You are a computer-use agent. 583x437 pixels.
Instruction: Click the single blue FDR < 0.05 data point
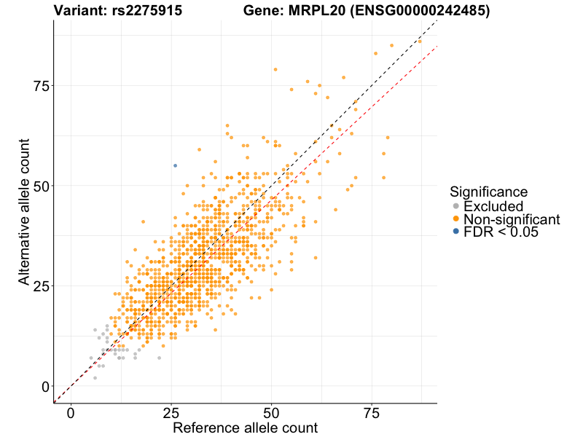click(x=175, y=165)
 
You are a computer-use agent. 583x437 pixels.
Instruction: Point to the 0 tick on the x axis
click(x=71, y=413)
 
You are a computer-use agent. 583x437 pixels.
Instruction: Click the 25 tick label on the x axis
click(x=171, y=413)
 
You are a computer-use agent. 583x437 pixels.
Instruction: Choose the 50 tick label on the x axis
click(x=272, y=413)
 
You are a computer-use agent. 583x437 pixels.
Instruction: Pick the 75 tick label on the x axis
click(x=372, y=413)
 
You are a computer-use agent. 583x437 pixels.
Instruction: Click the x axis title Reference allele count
click(x=245, y=428)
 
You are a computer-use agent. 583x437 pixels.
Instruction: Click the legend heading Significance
click(x=489, y=192)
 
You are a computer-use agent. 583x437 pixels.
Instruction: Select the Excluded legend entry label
click(x=493, y=206)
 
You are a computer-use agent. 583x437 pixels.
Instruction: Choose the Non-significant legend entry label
click(x=512, y=219)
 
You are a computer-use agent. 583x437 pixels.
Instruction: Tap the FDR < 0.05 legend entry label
click(x=501, y=232)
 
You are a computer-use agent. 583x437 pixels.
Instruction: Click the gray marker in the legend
click(x=456, y=206)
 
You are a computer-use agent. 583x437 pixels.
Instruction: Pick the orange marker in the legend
click(x=456, y=219)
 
